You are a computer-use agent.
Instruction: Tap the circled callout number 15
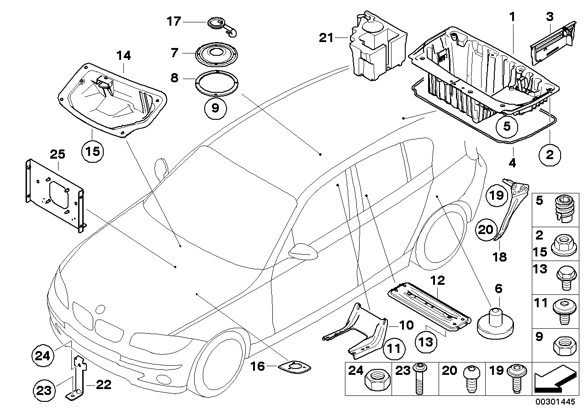[93, 150]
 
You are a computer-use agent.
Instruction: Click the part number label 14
[123, 56]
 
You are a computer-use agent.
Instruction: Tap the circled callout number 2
[549, 155]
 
